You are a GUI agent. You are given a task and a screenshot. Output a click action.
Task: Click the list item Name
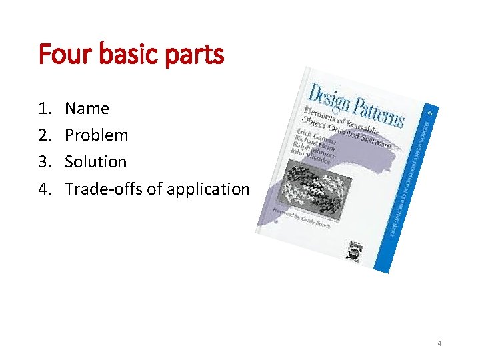[x=87, y=109]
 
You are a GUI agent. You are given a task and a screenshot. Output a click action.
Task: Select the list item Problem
[x=97, y=135]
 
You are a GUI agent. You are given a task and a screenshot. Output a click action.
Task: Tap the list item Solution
[x=96, y=162]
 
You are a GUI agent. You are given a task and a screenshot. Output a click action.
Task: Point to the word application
[x=208, y=189]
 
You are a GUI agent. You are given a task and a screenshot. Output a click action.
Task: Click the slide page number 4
[x=439, y=343]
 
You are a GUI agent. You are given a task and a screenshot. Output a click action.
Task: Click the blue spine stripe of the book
[x=409, y=187]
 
